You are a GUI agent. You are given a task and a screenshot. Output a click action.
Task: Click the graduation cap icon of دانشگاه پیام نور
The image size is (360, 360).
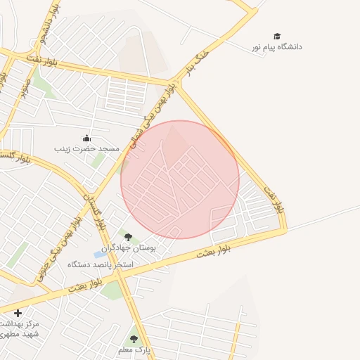click(x=277, y=36)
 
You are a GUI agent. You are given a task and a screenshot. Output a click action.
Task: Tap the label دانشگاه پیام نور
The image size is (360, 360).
click(x=277, y=46)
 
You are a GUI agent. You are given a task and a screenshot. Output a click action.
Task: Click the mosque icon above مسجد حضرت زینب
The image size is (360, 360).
click(x=86, y=138)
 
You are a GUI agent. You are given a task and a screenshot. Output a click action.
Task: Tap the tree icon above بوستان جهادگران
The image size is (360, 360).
click(x=128, y=237)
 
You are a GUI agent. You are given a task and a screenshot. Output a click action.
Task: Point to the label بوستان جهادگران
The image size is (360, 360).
click(x=128, y=247)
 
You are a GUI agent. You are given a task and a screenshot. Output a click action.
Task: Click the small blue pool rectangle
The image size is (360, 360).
click(x=98, y=254)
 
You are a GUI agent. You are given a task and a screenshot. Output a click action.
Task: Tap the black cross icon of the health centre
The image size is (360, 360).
click(x=18, y=312)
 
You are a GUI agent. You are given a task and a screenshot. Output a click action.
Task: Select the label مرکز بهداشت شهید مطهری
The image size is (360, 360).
click(x=19, y=329)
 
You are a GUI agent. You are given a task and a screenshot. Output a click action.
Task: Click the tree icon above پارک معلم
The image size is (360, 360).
click(x=134, y=339)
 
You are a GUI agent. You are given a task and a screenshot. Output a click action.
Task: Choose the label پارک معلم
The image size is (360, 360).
click(x=134, y=349)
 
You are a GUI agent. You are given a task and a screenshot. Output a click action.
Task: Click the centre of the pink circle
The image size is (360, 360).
click(x=180, y=179)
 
